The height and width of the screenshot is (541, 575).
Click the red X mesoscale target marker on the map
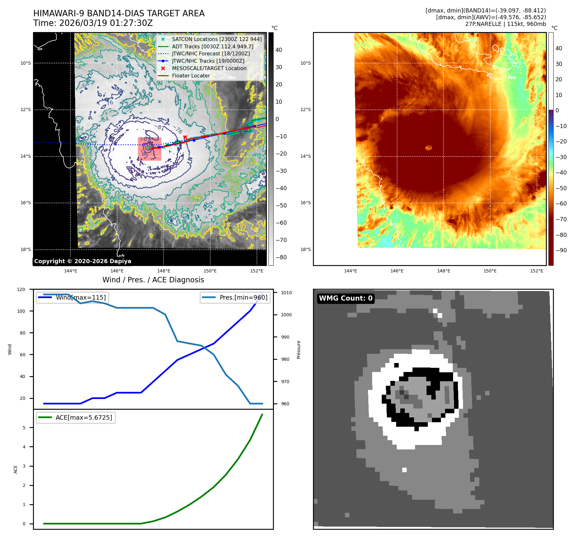pos(185,137)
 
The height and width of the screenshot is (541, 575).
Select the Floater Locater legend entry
pos(191,76)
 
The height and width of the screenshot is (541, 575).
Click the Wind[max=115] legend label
pos(81,297)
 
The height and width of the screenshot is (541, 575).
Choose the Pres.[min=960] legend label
pos(243,297)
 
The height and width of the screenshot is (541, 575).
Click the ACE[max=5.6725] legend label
pos(84,417)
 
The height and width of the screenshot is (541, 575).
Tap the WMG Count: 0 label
pos(346,298)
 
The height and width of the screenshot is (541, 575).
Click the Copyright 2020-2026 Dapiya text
pos(83,261)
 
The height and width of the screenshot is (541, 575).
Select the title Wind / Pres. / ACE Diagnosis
pos(153,280)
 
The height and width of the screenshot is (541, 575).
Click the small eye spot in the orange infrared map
pos(428,148)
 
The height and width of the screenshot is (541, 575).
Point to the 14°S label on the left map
pos(26,156)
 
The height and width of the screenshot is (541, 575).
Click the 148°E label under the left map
pos(164,271)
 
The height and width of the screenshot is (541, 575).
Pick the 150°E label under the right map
pos(490,271)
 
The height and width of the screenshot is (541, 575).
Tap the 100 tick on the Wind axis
pos(21,311)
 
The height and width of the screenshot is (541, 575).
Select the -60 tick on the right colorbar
pos(561,204)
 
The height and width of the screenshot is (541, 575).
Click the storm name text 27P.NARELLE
pos(483,24)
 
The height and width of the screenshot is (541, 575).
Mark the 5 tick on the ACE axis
pos(24,428)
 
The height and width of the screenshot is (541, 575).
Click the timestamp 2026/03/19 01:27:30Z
pos(106,23)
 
